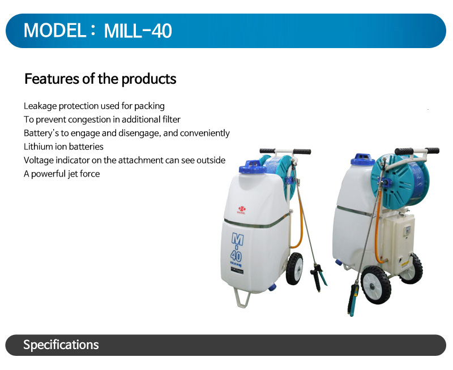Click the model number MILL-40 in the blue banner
click(138, 31)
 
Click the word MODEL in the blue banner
click(54, 30)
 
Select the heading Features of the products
click(100, 79)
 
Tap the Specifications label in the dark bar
click(61, 345)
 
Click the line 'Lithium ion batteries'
click(63, 147)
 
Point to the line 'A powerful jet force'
click(62, 174)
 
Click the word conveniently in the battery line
click(205, 133)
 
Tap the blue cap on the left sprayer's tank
click(253, 167)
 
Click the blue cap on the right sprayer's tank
click(362, 160)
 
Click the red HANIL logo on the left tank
click(241, 210)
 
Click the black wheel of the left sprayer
click(294, 269)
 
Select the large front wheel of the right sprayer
click(375, 285)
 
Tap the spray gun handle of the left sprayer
click(318, 277)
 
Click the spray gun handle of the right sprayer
click(353, 299)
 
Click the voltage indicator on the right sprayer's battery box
click(407, 230)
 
